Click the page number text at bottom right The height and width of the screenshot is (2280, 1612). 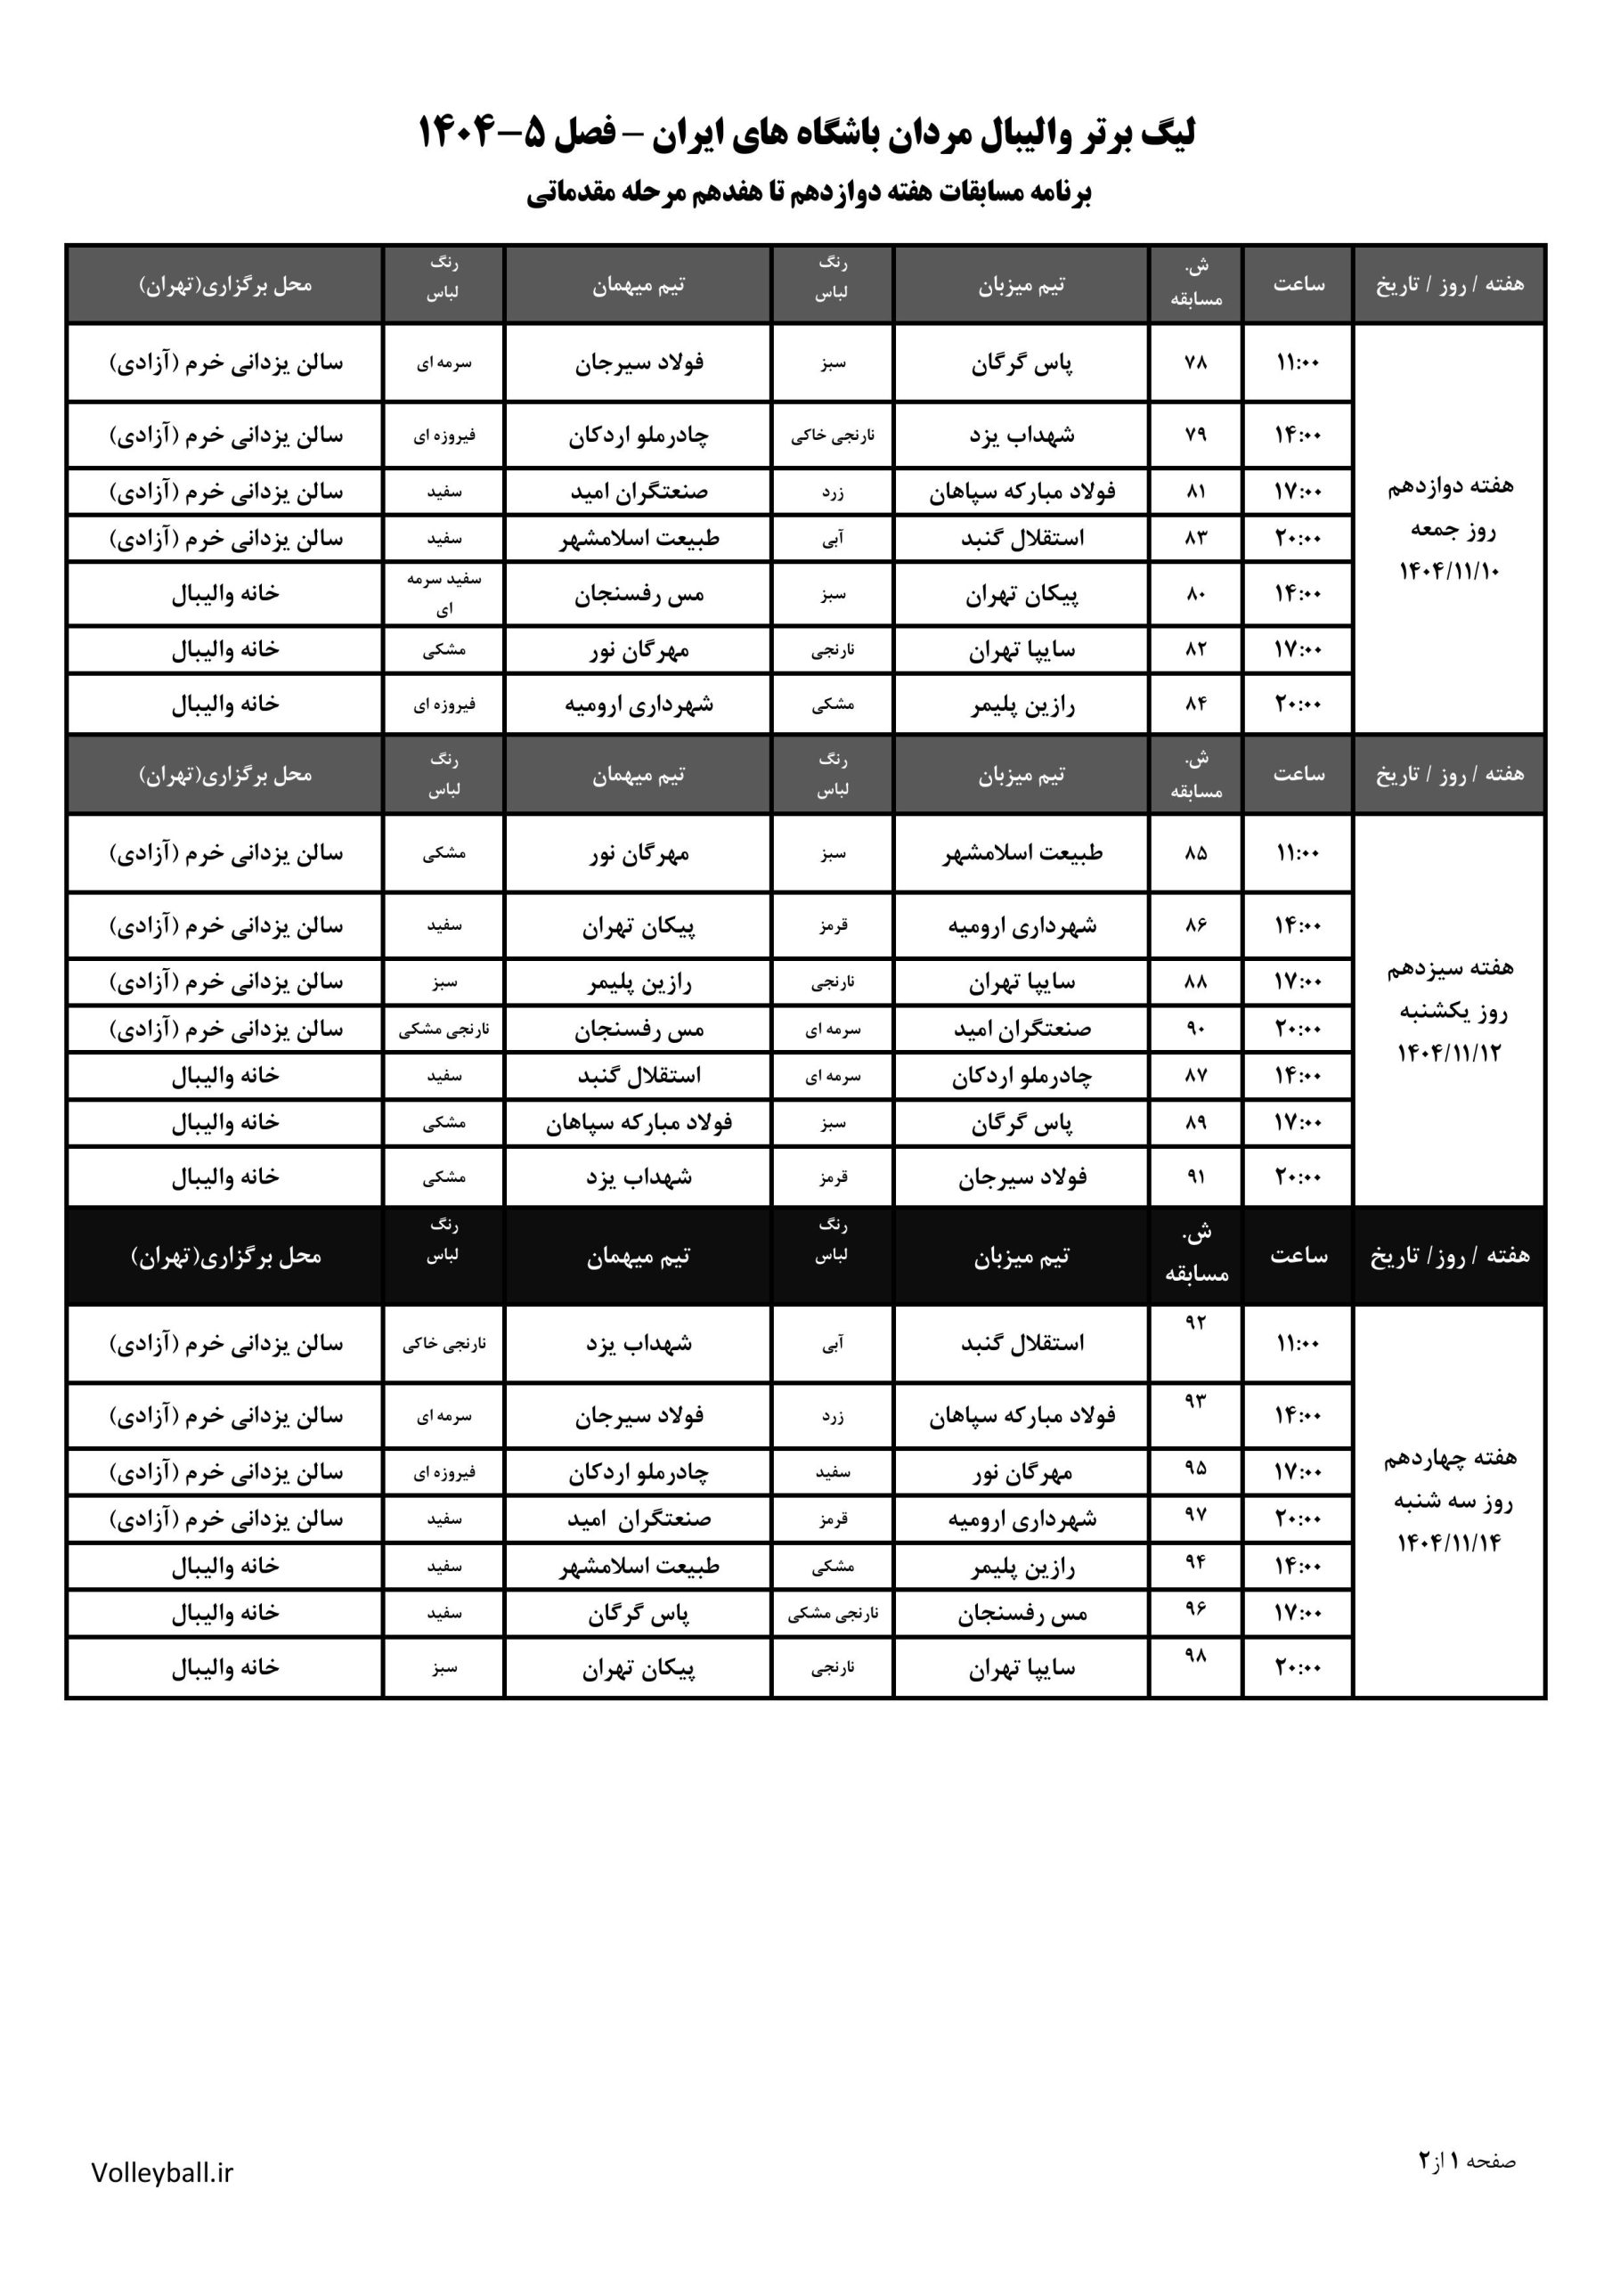1467,2160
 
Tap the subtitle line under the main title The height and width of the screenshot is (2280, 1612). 808,191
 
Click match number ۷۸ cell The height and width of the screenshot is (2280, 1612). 1196,362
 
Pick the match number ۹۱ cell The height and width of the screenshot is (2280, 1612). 1196,1177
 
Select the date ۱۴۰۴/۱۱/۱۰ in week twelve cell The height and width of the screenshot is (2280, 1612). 1449,571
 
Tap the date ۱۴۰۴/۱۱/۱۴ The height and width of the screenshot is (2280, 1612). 1449,1543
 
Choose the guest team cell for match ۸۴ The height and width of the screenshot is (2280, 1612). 639,704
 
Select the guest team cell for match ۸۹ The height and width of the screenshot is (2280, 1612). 639,1122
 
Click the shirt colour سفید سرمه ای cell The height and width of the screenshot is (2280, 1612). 444,594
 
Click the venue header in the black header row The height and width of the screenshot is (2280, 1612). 225,1256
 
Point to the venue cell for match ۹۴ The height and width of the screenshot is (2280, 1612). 225,1566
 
